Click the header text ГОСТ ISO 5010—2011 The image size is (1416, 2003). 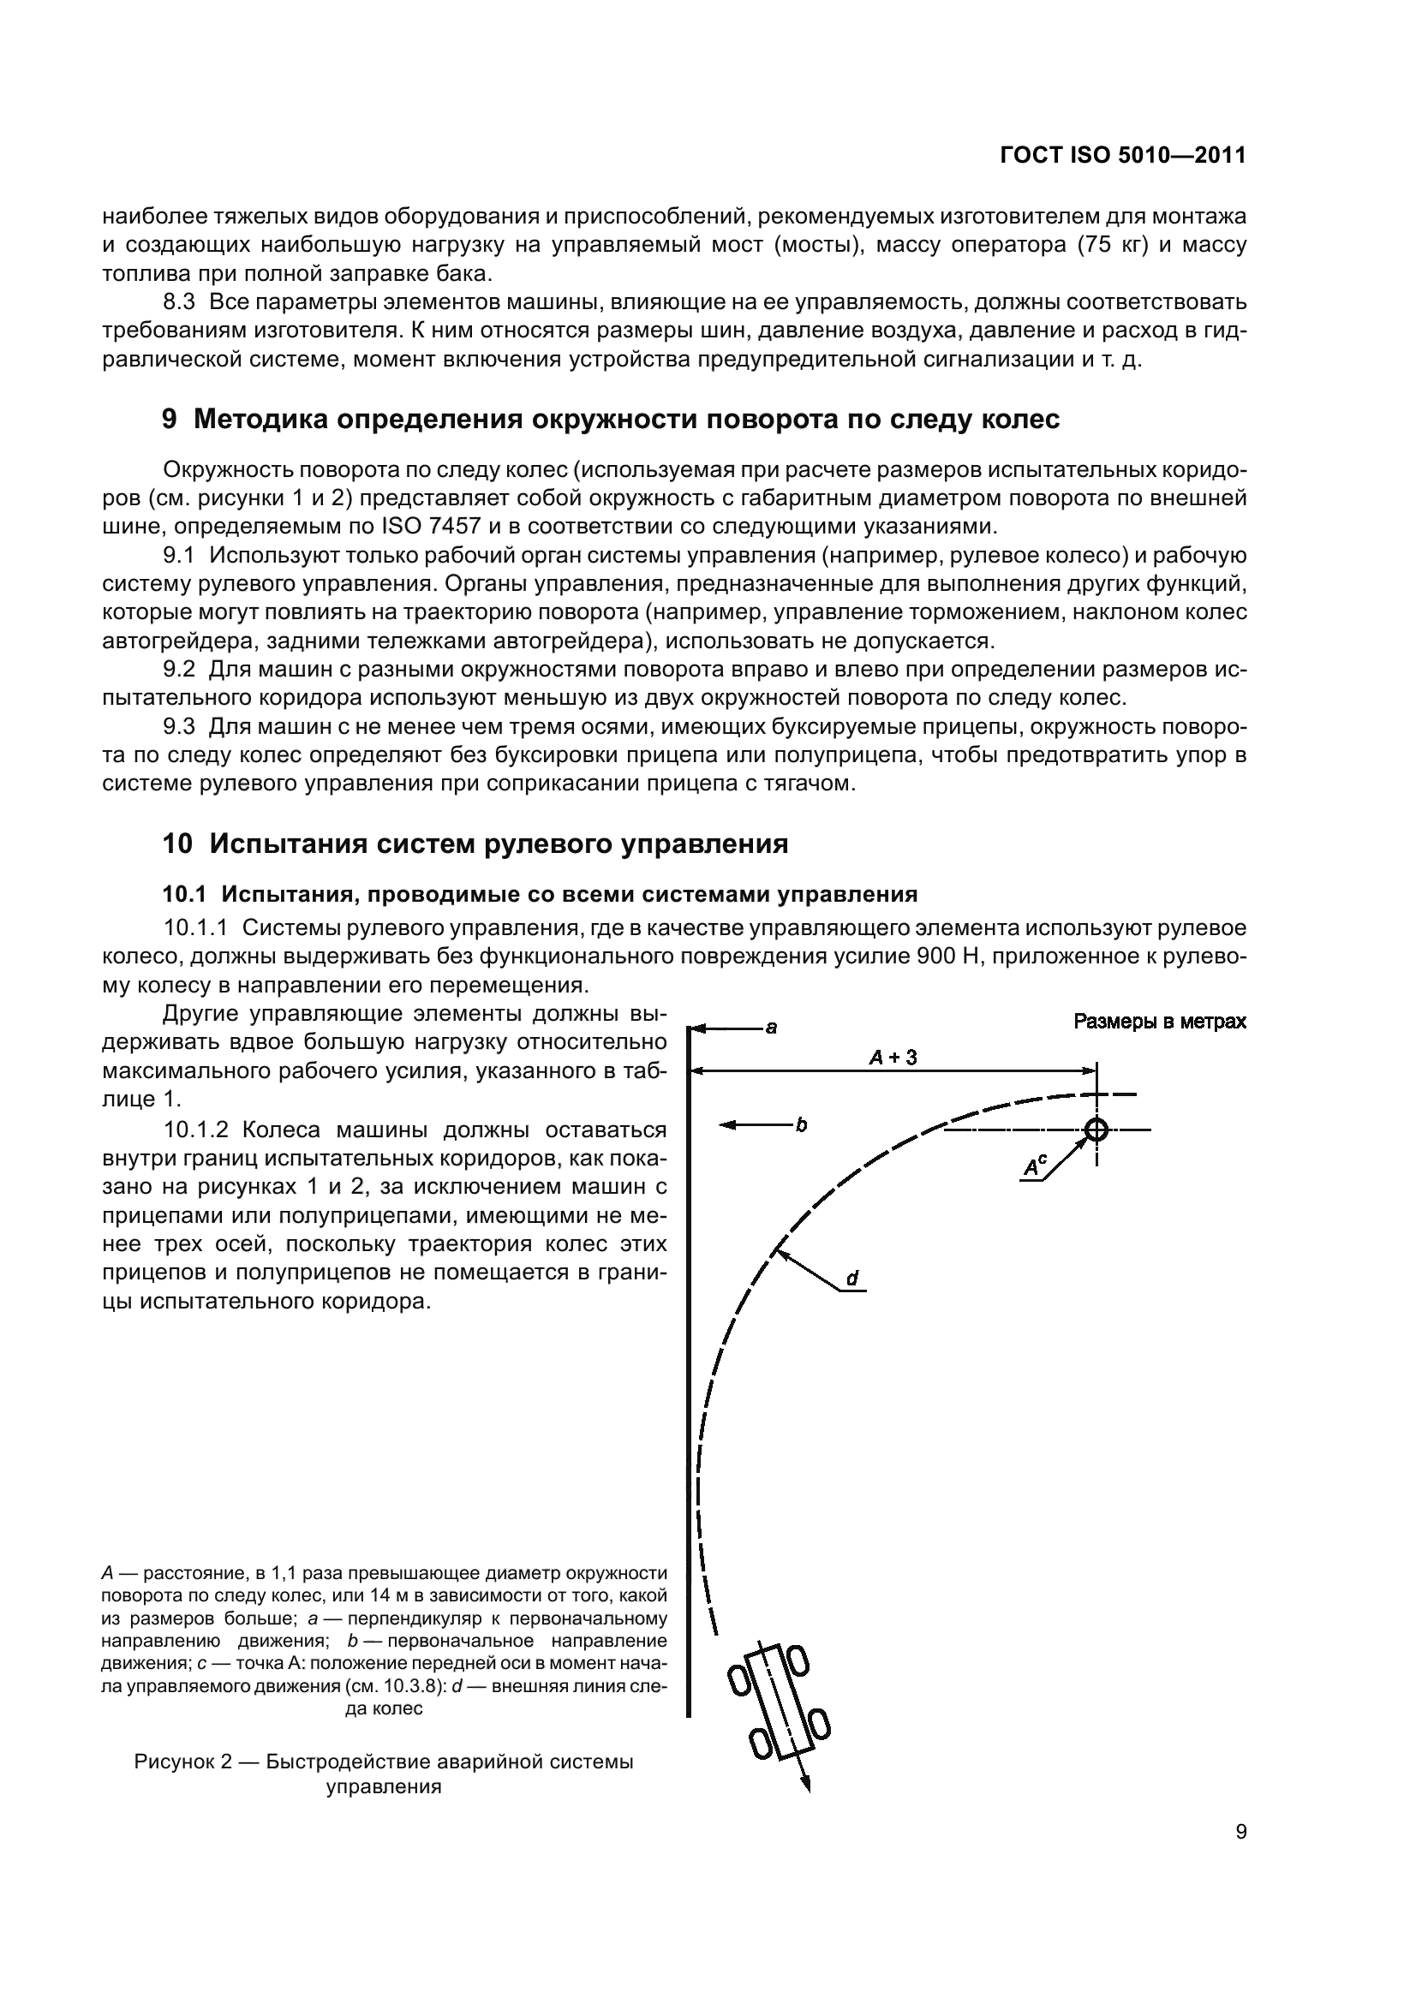(x=1122, y=155)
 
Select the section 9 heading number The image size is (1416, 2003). (x=170, y=420)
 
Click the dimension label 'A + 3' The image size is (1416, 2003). (x=893, y=1058)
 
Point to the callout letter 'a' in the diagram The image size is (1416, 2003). (x=771, y=1028)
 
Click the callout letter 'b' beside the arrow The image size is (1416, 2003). (x=801, y=1124)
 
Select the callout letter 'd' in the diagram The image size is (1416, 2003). (x=851, y=1279)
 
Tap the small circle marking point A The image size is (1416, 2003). (x=1096, y=1130)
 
